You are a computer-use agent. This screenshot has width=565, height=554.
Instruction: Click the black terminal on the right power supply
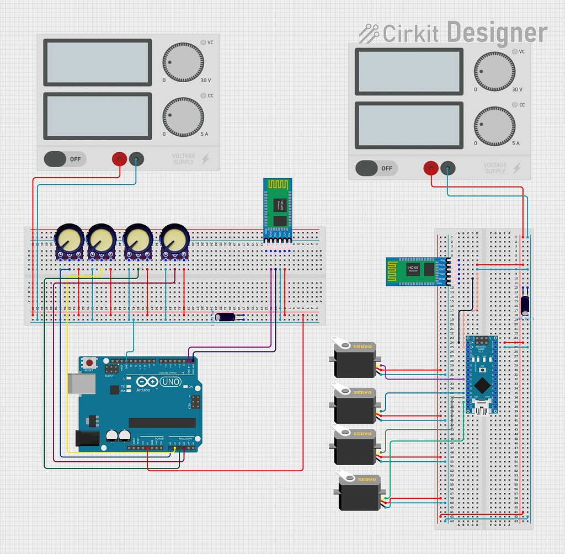pyautogui.click(x=449, y=168)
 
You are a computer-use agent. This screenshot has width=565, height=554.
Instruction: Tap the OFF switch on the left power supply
pyautogui.click(x=65, y=159)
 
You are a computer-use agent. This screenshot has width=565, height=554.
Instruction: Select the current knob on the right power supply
pyautogui.click(x=494, y=127)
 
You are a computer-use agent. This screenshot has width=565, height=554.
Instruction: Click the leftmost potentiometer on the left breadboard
pyautogui.click(x=70, y=241)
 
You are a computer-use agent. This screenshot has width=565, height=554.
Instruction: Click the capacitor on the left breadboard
pyautogui.click(x=226, y=317)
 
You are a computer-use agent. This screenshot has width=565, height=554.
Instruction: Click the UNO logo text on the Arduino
pyautogui.click(x=170, y=381)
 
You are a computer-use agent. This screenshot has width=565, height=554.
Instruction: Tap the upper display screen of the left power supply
pyautogui.click(x=97, y=61)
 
